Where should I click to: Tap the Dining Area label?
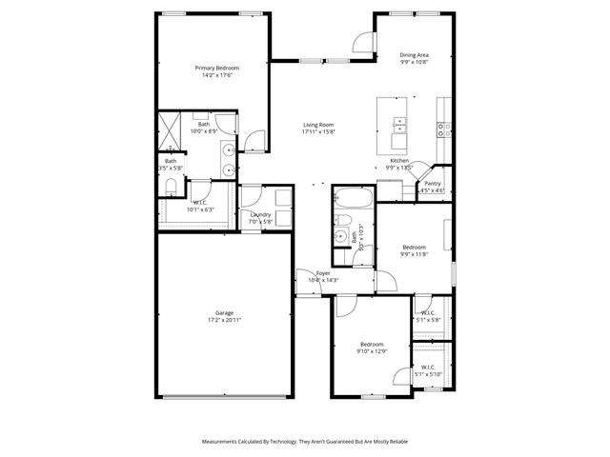[x=413, y=55]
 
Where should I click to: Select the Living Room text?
[x=317, y=125]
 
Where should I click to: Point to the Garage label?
[x=224, y=312]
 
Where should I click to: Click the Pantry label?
[x=432, y=183]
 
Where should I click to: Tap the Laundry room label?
[x=260, y=214]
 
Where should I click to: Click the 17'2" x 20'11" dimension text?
[x=224, y=320]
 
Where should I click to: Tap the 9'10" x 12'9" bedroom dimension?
[x=372, y=351]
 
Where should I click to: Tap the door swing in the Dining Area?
[x=363, y=40]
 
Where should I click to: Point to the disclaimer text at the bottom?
[x=305, y=442]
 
